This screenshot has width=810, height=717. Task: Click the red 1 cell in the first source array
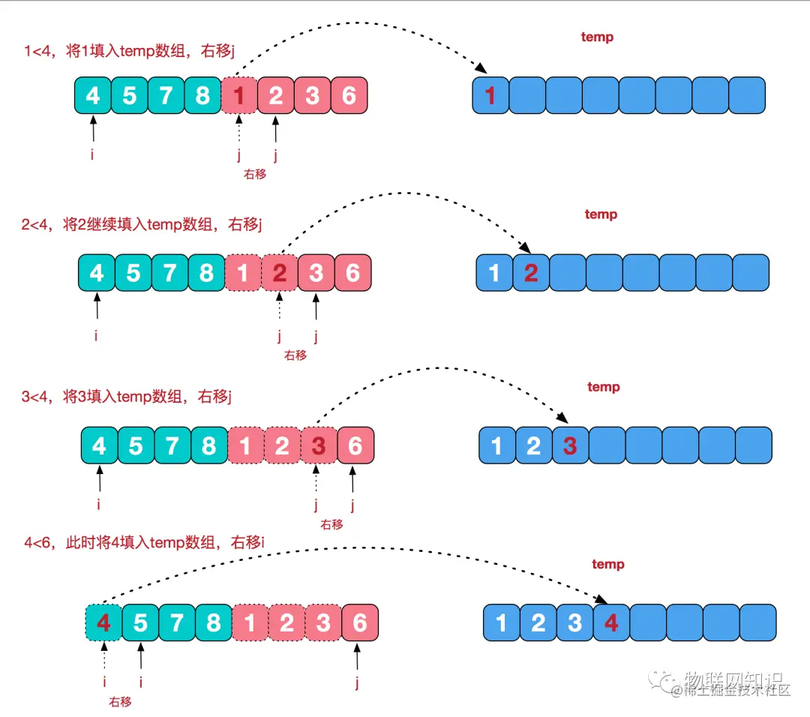[239, 95]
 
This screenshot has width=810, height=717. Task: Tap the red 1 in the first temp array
[490, 95]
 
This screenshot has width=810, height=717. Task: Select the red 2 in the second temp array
[531, 272]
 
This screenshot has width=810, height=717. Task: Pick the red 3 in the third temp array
[570, 445]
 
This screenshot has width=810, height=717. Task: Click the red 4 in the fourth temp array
[611, 622]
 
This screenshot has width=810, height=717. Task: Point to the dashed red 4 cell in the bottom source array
[103, 622]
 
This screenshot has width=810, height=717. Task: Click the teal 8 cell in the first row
[202, 95]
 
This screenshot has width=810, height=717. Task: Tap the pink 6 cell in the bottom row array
[360, 622]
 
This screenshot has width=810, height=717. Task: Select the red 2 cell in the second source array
[280, 272]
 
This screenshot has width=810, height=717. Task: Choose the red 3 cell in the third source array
[319, 445]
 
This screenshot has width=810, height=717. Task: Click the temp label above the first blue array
[597, 37]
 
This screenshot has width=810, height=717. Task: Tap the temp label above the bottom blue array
[607, 564]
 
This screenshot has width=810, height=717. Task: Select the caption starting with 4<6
[144, 542]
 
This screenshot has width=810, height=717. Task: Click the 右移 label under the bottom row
[120, 702]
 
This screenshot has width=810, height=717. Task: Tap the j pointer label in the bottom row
[358, 682]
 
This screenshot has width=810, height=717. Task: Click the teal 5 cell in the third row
[136, 445]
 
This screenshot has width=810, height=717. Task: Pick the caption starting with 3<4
[126, 396]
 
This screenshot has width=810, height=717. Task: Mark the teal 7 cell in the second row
[170, 272]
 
